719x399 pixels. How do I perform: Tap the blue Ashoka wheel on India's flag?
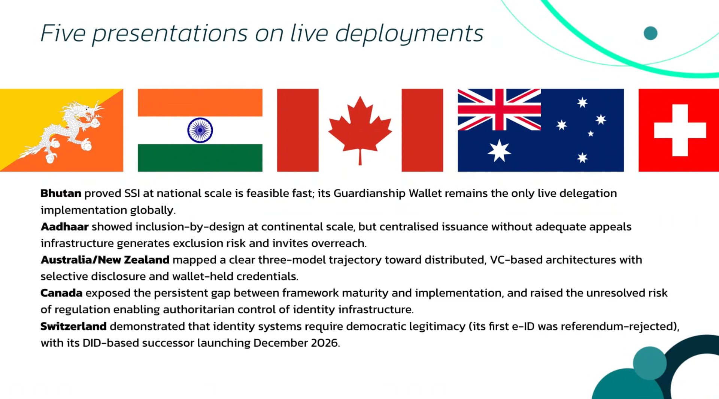click(200, 130)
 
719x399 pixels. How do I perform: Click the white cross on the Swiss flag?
click(680, 130)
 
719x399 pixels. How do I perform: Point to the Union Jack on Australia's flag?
click(499, 110)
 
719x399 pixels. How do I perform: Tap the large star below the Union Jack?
click(499, 151)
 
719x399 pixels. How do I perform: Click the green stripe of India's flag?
click(200, 158)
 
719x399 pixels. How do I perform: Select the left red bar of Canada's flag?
click(298, 130)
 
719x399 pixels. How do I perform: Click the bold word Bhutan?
click(61, 193)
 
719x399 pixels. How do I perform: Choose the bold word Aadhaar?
click(64, 227)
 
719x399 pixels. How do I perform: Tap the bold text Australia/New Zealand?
click(105, 260)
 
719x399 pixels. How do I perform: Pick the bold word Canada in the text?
click(61, 293)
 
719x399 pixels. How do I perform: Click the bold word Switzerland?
click(73, 326)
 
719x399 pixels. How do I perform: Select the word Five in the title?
click(63, 33)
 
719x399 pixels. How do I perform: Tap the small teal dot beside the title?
click(650, 33)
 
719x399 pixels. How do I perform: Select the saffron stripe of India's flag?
click(200, 102)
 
